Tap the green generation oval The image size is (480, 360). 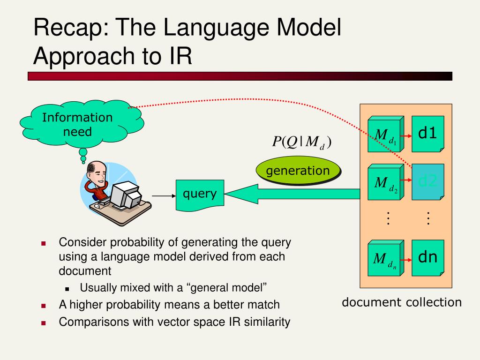(298, 171)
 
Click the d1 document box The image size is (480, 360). (427, 134)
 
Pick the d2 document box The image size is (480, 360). (427, 182)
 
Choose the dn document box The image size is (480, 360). (427, 257)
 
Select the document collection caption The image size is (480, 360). (402, 302)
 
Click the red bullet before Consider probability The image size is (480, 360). (44, 244)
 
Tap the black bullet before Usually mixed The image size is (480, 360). (67, 288)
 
